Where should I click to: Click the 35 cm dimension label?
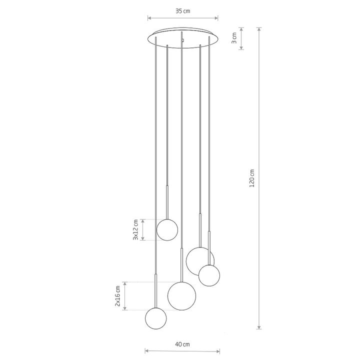tap(183, 11)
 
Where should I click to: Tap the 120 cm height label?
tap(252, 178)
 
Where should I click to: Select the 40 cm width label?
tap(182, 344)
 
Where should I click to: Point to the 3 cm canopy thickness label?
tap(233, 38)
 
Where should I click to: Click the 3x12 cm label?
tap(135, 230)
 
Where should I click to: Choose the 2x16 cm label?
tap(117, 296)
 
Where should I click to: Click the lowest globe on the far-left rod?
tap(156, 318)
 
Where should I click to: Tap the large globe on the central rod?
tap(182, 296)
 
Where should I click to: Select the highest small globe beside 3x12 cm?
tap(167, 230)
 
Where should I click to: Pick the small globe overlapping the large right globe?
tap(209, 275)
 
